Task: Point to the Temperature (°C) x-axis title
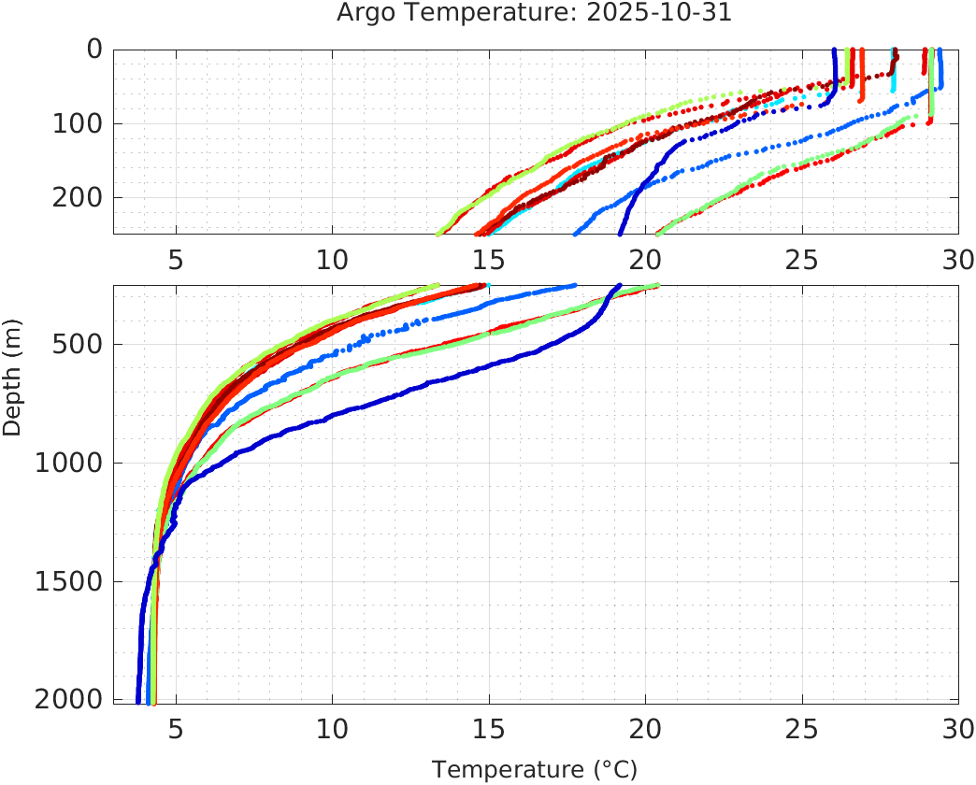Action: tap(535, 770)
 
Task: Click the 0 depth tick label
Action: tap(94, 49)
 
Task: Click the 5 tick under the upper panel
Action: tap(176, 257)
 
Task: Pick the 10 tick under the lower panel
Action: tap(332, 728)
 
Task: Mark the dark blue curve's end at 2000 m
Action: tap(138, 700)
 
